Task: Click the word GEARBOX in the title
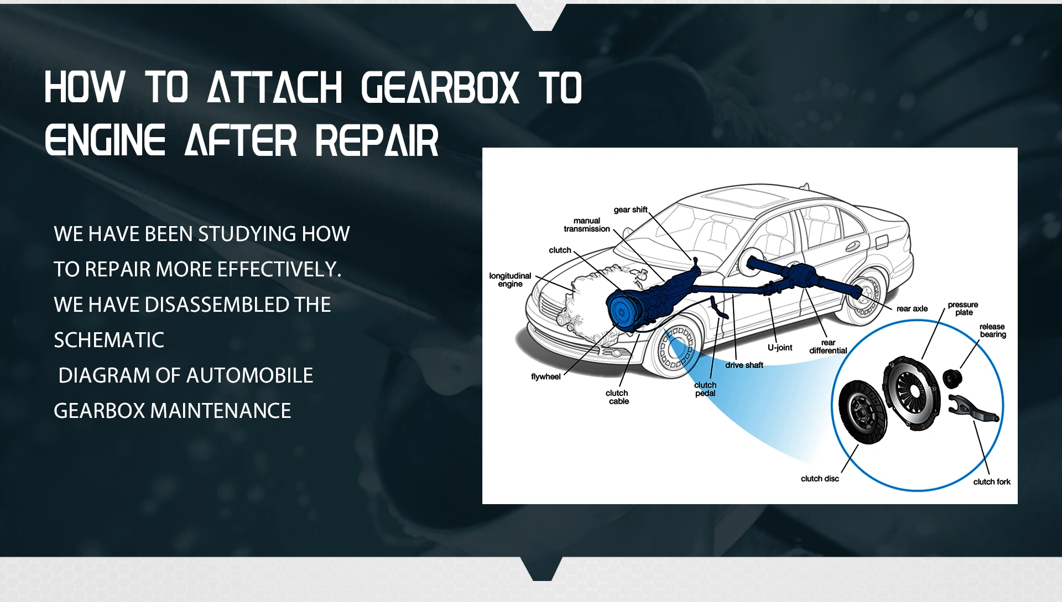tap(440, 87)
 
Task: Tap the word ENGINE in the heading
tap(105, 140)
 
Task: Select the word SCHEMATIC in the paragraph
tap(109, 340)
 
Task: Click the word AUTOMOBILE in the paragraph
tap(250, 375)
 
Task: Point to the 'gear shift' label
tap(631, 210)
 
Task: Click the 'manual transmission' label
tap(587, 224)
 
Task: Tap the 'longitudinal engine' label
tap(510, 280)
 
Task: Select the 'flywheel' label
tap(546, 376)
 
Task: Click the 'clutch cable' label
tap(617, 397)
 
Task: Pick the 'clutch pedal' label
tap(705, 389)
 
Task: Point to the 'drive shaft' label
tap(745, 365)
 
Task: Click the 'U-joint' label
tap(780, 347)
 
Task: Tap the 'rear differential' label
tap(828, 346)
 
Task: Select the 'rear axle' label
tap(912, 308)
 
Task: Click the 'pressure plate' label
tap(963, 308)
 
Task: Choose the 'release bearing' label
tap(993, 331)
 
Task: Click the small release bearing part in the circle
tap(952, 378)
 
